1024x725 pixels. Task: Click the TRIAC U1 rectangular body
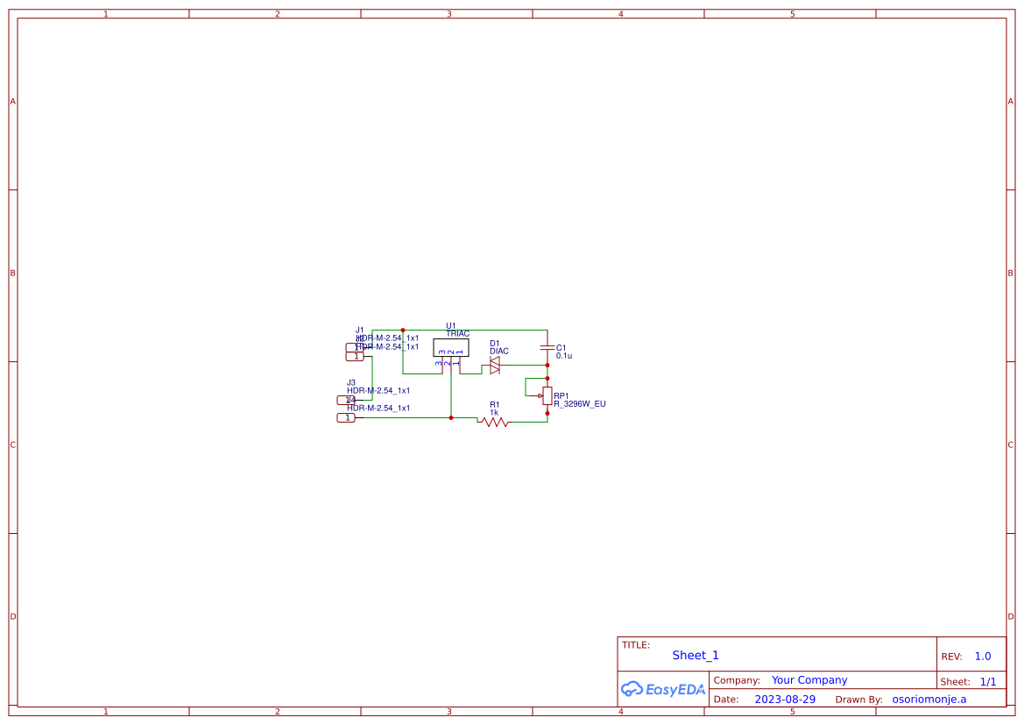[450, 347]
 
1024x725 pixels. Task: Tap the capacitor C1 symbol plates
[547, 348]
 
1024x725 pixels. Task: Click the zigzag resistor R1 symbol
[494, 422]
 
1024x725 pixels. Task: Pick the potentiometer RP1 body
[547, 395]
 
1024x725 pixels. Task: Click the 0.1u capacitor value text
[564, 356]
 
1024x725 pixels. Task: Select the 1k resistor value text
[494, 412]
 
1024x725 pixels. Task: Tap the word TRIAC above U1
[457, 334]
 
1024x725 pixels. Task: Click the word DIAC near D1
[499, 352]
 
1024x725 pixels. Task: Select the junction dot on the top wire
[403, 331]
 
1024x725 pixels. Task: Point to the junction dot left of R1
[451, 417]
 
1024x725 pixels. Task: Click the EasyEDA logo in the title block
[662, 689]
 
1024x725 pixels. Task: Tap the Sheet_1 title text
[696, 655]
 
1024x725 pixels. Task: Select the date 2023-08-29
[785, 700]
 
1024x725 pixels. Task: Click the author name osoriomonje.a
[929, 700]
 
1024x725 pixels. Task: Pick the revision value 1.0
[983, 656]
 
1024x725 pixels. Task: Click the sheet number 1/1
[987, 681]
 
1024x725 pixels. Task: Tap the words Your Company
[809, 680]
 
